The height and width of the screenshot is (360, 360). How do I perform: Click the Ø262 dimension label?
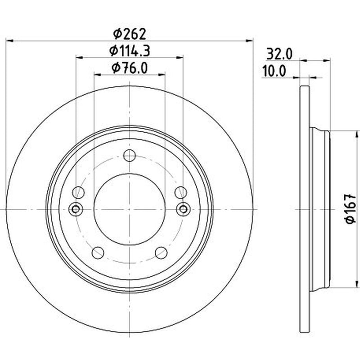pyautogui.click(x=130, y=34)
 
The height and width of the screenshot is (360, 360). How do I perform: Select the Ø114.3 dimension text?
pyautogui.click(x=130, y=51)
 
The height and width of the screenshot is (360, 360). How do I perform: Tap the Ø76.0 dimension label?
pyautogui.click(x=130, y=68)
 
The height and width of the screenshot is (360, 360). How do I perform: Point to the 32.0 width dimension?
pyautogui.click(x=279, y=54)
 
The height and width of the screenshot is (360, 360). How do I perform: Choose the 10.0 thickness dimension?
pyautogui.click(x=274, y=72)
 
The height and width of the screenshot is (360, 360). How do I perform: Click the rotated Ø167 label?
pyautogui.click(x=351, y=209)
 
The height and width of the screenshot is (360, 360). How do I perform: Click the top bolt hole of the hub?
pyautogui.click(x=130, y=155)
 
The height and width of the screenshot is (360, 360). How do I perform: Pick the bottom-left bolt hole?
pyautogui.click(x=98, y=253)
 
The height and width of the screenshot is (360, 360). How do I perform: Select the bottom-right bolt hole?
pyautogui.click(x=161, y=253)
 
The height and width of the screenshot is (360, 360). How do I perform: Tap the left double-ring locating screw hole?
pyautogui.click(x=76, y=209)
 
